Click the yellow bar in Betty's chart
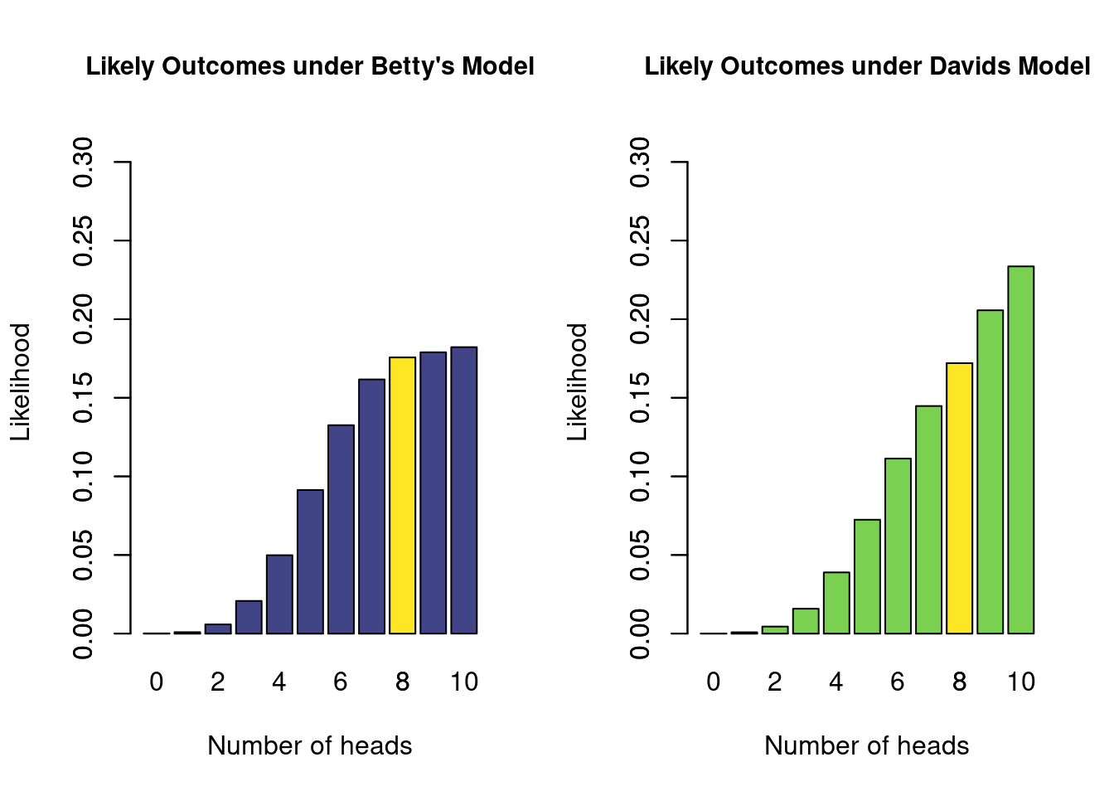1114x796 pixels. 402,495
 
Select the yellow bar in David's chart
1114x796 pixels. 959,498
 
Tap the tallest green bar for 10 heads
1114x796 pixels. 1020,449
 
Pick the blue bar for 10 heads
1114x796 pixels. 464,490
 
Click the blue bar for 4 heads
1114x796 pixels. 279,594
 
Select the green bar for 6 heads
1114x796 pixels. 898,546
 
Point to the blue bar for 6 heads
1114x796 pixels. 341,529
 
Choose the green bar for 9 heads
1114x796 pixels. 990,472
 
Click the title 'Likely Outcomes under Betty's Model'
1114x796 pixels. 310,66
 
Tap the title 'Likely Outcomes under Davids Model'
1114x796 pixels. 867,66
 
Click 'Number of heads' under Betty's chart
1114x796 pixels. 310,745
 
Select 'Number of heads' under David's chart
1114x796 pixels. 867,745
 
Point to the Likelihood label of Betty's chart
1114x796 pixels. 20,381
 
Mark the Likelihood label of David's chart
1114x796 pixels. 577,381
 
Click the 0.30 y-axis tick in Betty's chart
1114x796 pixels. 83,163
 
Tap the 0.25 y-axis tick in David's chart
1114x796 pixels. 640,241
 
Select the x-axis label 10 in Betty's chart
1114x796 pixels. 464,682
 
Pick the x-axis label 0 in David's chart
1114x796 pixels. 714,682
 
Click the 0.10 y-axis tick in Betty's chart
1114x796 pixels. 83,477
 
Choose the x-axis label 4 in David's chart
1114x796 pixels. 836,682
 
